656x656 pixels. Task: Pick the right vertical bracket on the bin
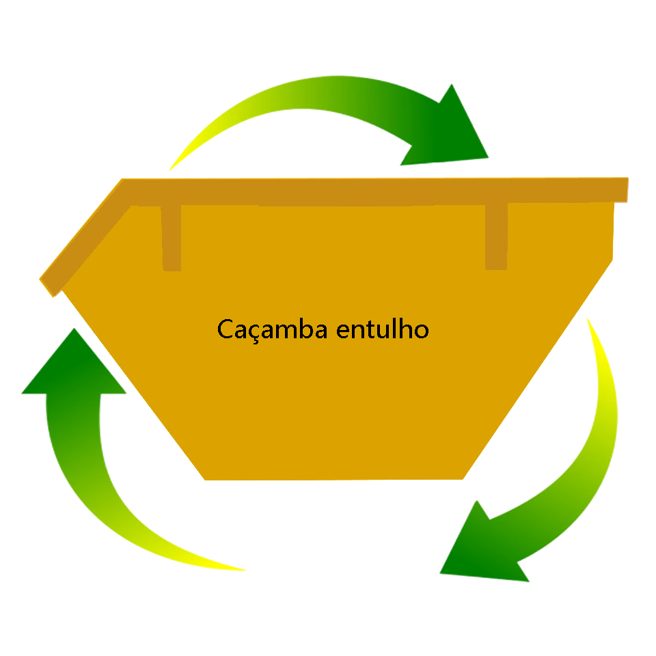point(496,236)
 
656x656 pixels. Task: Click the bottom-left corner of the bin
point(206,479)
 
